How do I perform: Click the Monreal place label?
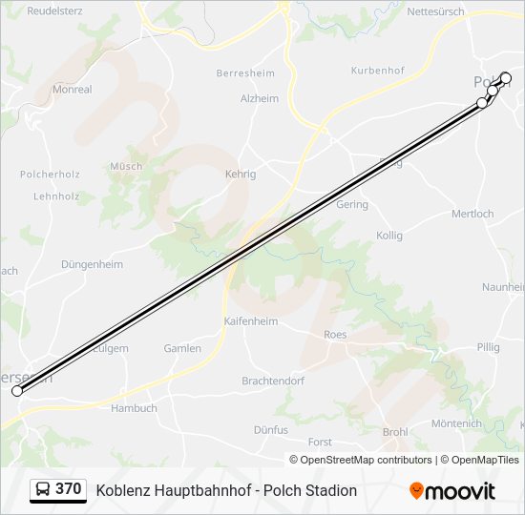pos(73,90)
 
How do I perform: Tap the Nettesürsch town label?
pos(436,12)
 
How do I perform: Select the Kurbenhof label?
pos(378,71)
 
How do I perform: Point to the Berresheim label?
pos(245,73)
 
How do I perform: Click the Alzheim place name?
pos(260,98)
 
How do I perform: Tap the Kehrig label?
pos(240,175)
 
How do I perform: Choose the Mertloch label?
pos(472,214)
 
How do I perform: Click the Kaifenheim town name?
pos(251,321)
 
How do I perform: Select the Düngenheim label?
pos(92,264)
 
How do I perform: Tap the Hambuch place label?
pos(134,408)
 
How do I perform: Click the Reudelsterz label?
pos(55,11)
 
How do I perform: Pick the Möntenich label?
pos(456,423)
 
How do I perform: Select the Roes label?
pos(335,335)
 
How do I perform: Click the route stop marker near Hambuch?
pos(17,391)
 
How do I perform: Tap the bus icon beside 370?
pos(43,490)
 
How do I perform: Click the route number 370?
pos(68,489)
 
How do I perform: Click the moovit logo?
pos(452,491)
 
